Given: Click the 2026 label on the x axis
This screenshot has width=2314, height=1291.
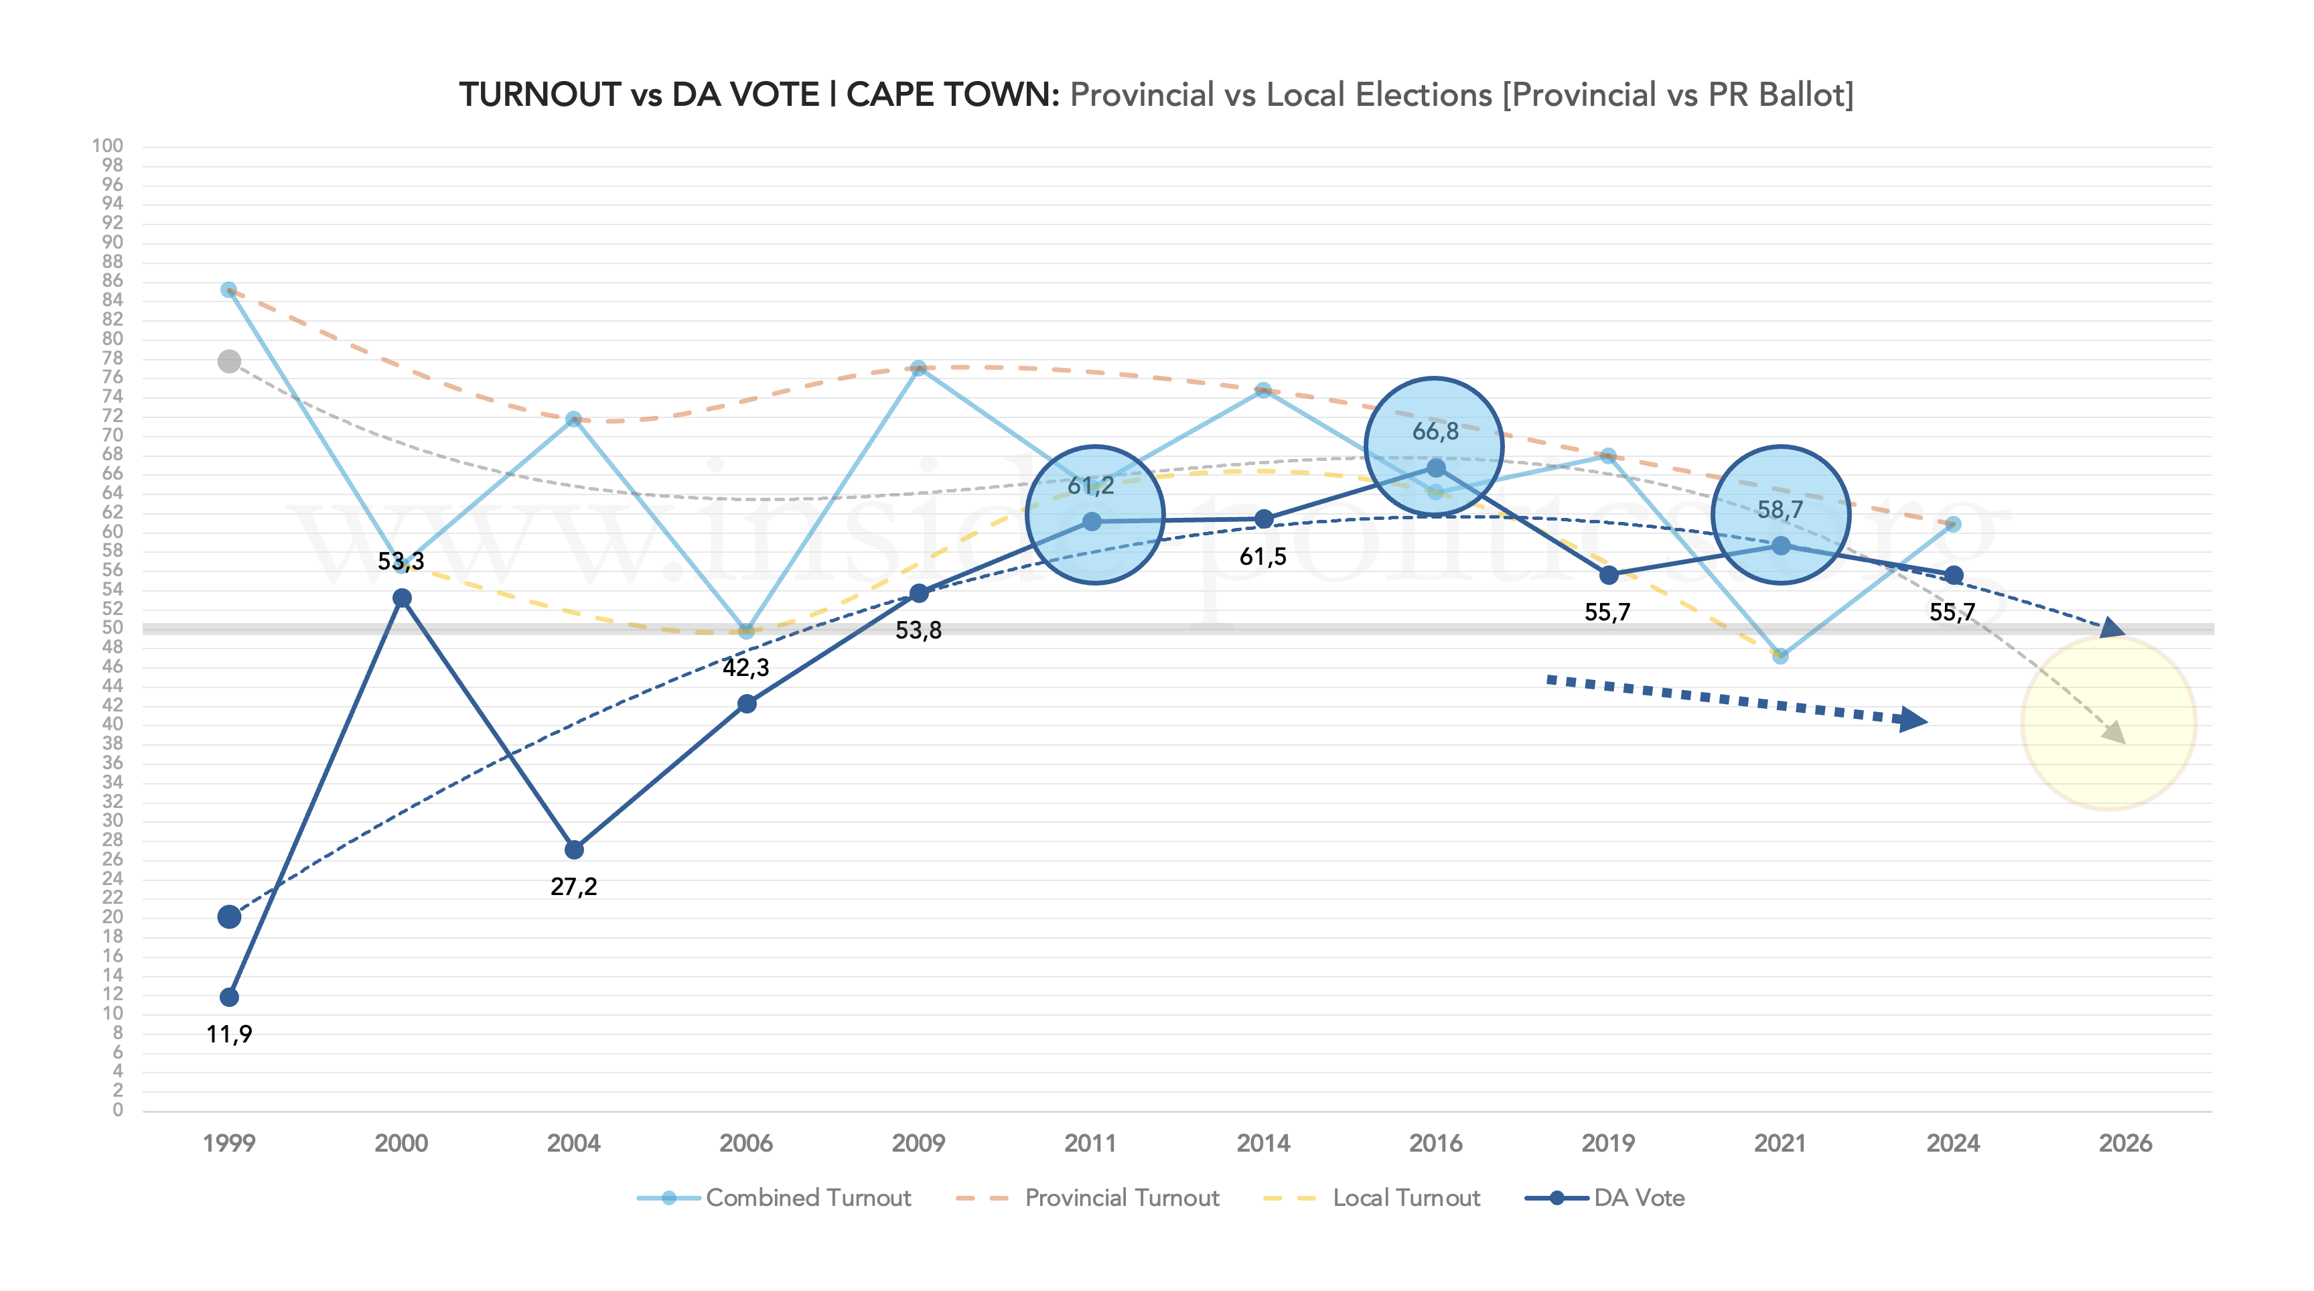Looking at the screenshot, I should pyautogui.click(x=2124, y=1143).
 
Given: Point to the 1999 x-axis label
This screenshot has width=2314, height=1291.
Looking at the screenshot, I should pyautogui.click(x=229, y=1143).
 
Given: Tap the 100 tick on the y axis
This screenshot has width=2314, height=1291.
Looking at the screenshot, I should pyautogui.click(x=108, y=145).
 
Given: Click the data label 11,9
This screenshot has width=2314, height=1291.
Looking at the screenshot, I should pyautogui.click(x=229, y=1034).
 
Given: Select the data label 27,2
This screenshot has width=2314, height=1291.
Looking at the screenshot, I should pyautogui.click(x=574, y=887).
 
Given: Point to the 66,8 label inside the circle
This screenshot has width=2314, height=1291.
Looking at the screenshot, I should pyautogui.click(x=1435, y=432).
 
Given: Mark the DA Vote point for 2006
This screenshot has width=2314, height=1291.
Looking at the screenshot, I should pyautogui.click(x=747, y=703).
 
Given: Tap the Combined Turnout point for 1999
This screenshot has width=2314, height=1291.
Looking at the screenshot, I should pyautogui.click(x=229, y=290).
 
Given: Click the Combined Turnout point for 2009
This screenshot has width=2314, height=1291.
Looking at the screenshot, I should pyautogui.click(x=918, y=368).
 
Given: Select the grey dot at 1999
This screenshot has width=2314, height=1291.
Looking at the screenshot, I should pyautogui.click(x=229, y=361).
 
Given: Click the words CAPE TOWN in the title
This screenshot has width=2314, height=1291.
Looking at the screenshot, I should pyautogui.click(x=952, y=94).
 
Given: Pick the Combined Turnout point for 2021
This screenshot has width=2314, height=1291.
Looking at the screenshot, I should pyautogui.click(x=1780, y=656).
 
